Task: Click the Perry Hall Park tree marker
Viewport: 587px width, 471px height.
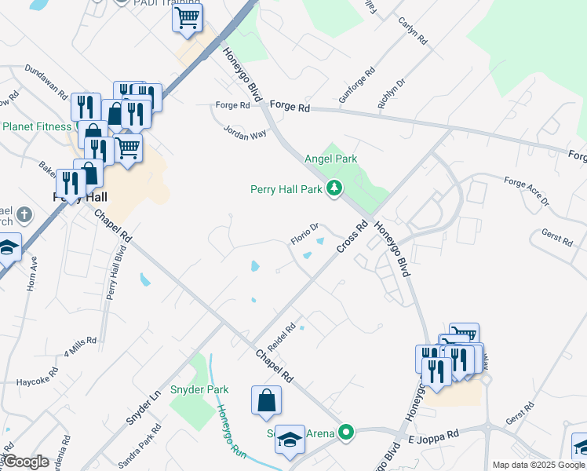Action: tap(335, 188)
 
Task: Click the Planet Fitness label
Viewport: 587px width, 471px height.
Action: tap(38, 126)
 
